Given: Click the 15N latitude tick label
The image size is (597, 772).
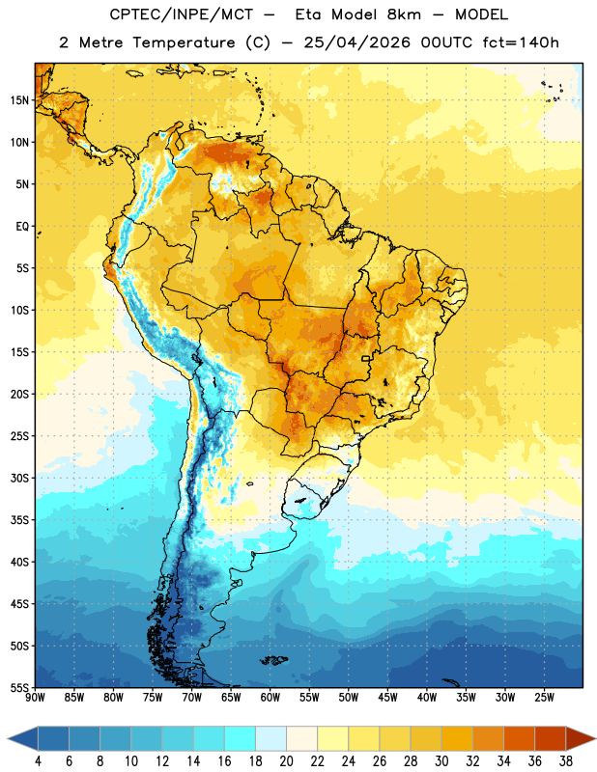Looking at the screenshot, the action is point(19,100).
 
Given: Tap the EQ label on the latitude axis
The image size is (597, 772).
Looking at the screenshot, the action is point(22,227).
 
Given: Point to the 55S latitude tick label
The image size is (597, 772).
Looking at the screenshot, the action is point(19,687).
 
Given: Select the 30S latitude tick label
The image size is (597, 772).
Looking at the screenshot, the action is point(19,478).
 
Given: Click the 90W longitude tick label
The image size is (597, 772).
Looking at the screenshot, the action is point(36,698).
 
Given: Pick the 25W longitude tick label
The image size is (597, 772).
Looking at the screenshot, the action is point(544,698).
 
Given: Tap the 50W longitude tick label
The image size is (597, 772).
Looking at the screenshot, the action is point(349,698).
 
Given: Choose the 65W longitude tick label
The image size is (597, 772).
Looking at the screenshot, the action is point(231,698).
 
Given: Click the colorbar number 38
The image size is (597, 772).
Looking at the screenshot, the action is point(565,761).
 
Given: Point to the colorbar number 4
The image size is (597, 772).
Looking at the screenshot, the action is point(38,761).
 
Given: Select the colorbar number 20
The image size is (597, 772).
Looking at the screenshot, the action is point(286,761).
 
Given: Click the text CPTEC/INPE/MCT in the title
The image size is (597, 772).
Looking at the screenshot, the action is point(181,14).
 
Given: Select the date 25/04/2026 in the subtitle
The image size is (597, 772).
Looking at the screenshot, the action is point(356,42).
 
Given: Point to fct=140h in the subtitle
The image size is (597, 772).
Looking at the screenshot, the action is point(521,42).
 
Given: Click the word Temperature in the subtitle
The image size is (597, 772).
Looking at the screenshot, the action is point(184,42).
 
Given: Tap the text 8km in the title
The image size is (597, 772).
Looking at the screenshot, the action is point(404,14).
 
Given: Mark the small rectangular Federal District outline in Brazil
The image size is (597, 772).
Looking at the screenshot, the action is point(366,358).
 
